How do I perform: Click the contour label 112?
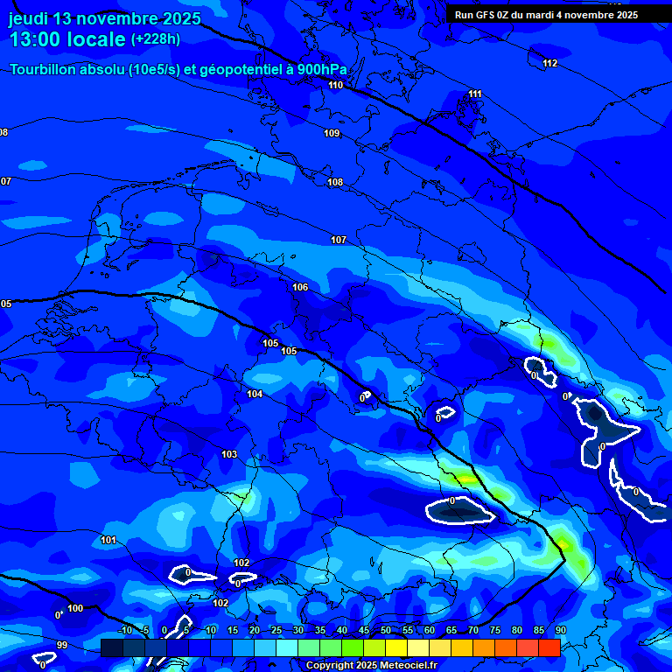pos(549,63)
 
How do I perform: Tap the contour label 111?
pos(474,94)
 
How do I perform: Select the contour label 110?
pos(336,85)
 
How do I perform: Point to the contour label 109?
pos(332,133)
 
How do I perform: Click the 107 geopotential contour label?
pos(339,240)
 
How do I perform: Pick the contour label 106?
pos(300,287)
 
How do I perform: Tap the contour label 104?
pos(255,394)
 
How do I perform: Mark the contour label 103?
pos(229,454)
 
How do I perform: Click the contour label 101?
pos(108,540)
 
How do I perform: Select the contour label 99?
pos(61,645)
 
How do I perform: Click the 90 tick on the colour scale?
pos(560,630)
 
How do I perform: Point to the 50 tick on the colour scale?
pos(386,630)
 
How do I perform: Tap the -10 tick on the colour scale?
pos(124,630)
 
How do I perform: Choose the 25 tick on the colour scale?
pos(276,630)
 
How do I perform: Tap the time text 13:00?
pos(36,40)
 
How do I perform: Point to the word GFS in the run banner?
pos(486,15)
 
